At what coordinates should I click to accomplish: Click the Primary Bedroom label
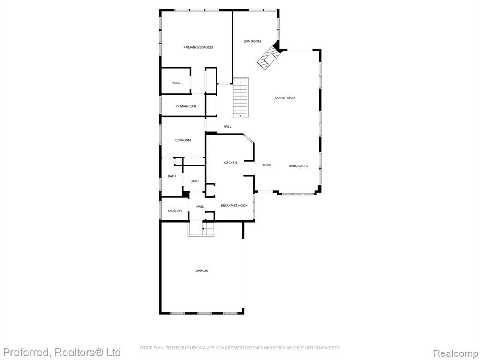click(198, 47)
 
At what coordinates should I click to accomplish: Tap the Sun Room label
click(252, 41)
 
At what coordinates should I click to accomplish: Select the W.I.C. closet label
click(176, 82)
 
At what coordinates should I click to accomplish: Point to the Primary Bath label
click(187, 106)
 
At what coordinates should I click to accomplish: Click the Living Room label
click(285, 98)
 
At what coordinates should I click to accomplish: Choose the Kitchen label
click(230, 163)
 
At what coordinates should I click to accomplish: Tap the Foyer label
click(266, 165)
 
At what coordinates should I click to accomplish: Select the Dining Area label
click(299, 166)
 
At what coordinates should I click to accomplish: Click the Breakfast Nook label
click(234, 206)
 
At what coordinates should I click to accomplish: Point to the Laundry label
click(175, 211)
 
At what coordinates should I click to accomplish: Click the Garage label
click(202, 270)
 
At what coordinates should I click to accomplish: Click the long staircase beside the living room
click(240, 97)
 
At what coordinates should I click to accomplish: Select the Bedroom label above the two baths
click(183, 140)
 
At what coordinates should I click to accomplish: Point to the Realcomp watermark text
click(456, 353)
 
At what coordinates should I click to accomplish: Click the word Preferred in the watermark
click(25, 352)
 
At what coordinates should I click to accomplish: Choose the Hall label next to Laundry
click(200, 207)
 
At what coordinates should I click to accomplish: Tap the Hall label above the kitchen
click(227, 127)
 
